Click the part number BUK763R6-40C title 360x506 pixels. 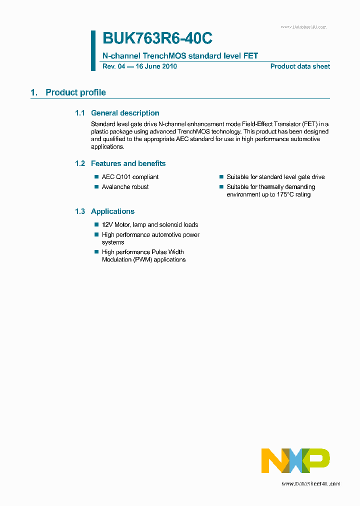point(157,38)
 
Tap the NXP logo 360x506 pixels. point(295,460)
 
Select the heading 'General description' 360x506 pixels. point(125,113)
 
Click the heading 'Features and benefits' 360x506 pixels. point(128,163)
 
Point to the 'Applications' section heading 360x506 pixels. point(112,211)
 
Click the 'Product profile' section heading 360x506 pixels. point(75,92)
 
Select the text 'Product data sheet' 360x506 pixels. point(300,66)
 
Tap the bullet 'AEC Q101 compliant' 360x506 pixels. point(130,177)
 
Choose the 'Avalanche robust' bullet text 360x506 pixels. point(125,187)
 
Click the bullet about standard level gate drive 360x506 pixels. point(275,177)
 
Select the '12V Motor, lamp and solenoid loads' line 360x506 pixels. point(150,225)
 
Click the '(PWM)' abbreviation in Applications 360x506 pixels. point(142,259)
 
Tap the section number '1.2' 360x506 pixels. point(80,163)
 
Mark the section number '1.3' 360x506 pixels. point(80,211)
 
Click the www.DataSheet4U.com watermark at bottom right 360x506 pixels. point(310,483)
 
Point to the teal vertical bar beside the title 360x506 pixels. point(93,50)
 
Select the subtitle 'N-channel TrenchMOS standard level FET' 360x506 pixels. point(180,56)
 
